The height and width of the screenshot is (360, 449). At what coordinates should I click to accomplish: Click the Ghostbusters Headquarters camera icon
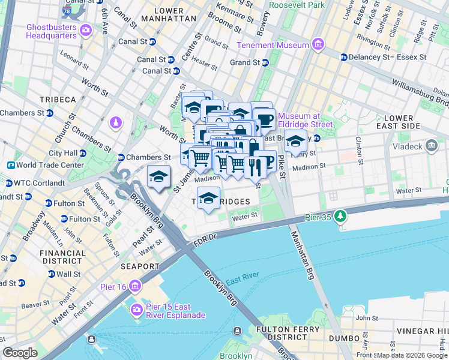[85, 29]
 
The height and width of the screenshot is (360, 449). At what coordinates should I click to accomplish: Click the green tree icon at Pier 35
[340, 215]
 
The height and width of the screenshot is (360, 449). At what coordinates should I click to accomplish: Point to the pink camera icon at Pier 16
[136, 287]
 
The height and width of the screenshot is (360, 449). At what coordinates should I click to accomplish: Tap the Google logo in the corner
[20, 353]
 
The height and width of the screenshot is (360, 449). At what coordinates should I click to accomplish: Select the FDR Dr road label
[205, 242]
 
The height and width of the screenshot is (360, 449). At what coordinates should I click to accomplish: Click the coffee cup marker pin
[264, 119]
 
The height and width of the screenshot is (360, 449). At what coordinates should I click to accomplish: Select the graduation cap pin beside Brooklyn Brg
[158, 177]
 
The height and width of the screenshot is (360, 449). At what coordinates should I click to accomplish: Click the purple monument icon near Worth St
[116, 124]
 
